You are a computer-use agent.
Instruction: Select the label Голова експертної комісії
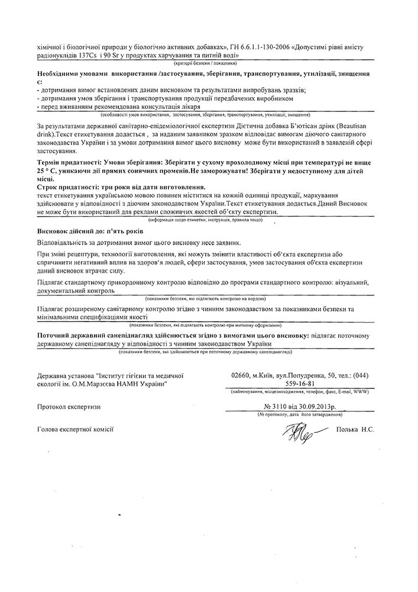pyautogui.click(x=75, y=429)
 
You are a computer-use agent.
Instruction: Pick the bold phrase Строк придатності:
pyautogui.click(x=66, y=187)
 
